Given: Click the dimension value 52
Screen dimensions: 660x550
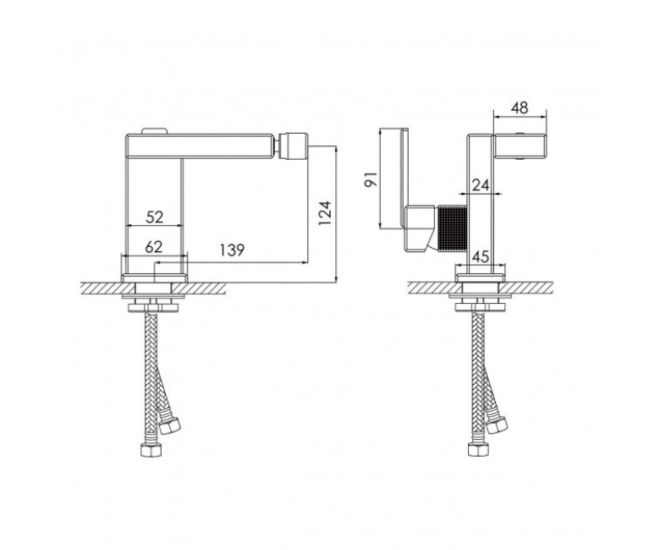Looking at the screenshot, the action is (x=155, y=217).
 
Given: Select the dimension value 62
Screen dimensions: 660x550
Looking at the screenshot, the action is (x=154, y=247).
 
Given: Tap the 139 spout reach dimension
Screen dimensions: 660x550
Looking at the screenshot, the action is (x=232, y=250).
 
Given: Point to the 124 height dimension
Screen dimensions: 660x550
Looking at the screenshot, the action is (x=325, y=213).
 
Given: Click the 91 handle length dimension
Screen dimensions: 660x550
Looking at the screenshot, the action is (x=371, y=179).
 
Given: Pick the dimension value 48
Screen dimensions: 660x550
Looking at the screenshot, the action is (x=520, y=107).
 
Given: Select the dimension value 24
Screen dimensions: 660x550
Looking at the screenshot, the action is (x=481, y=185).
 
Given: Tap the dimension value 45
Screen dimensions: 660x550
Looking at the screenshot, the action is (x=481, y=256).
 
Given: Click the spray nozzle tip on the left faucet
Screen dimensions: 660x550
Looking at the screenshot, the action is (x=294, y=146).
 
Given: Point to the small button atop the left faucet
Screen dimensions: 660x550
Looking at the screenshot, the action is (x=155, y=131).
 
